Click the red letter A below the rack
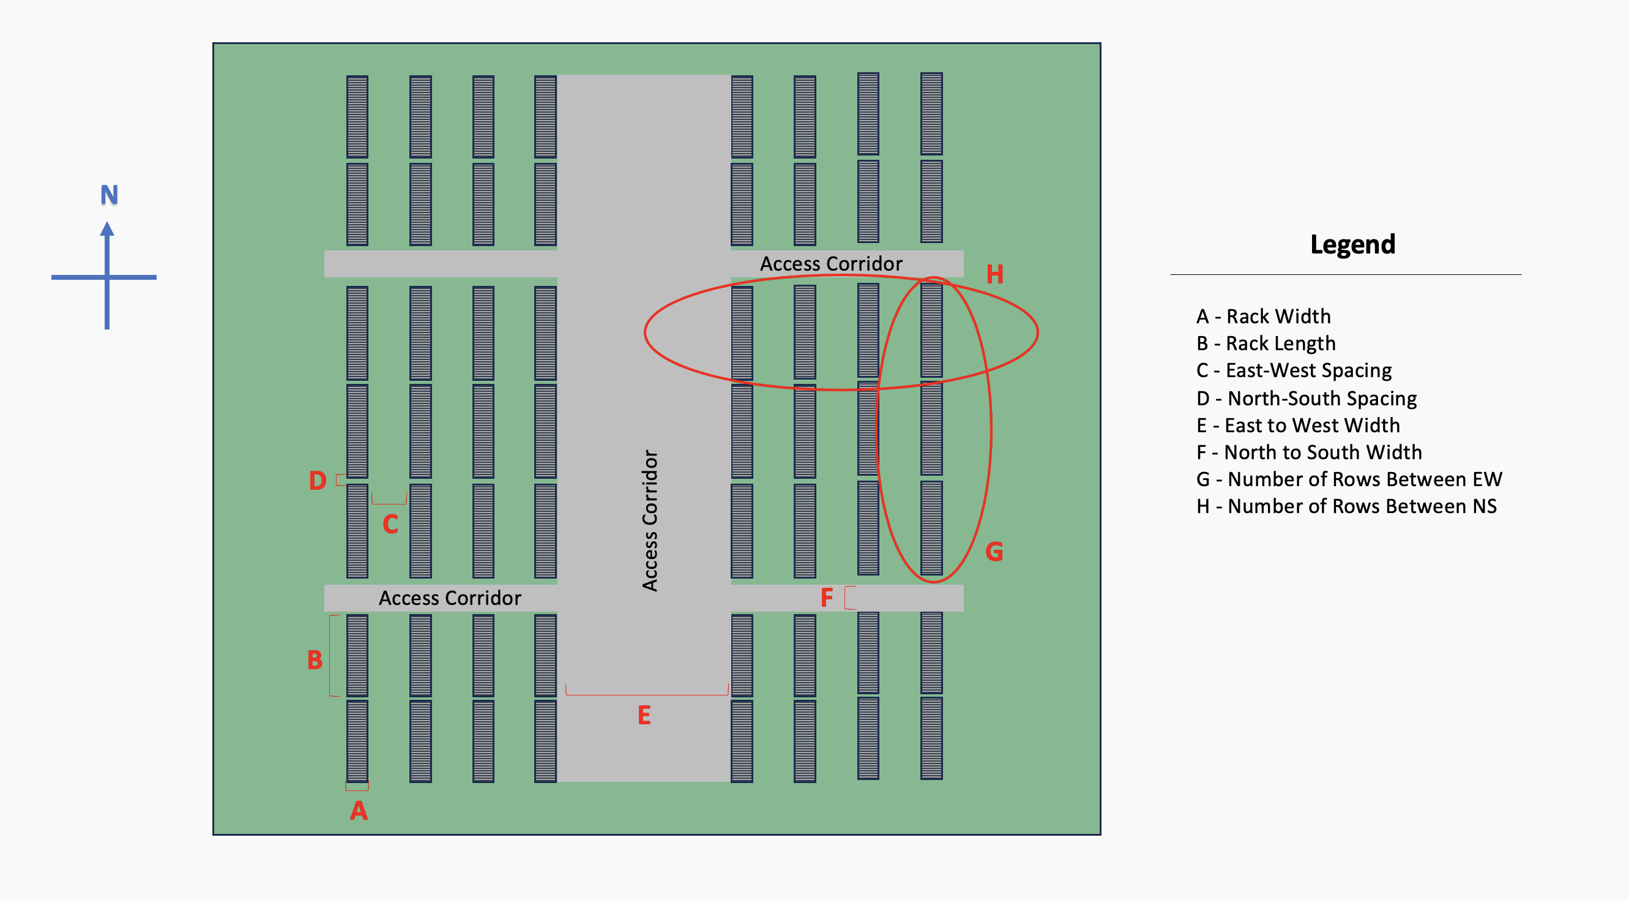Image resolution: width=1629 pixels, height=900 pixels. pyautogui.click(x=359, y=811)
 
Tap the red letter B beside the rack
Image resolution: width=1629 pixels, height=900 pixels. pyautogui.click(x=315, y=659)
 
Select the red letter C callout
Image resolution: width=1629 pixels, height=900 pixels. pyautogui.click(x=390, y=524)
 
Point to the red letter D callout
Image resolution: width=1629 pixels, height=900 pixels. pyautogui.click(x=318, y=481)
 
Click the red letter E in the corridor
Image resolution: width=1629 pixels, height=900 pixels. pyautogui.click(x=644, y=715)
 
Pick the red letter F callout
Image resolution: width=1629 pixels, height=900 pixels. pyautogui.click(x=827, y=598)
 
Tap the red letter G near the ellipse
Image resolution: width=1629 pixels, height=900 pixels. pyautogui.click(x=994, y=552)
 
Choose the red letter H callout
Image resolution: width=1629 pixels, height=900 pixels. pyautogui.click(x=995, y=274)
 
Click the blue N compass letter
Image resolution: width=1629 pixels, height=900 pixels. pyautogui.click(x=110, y=195)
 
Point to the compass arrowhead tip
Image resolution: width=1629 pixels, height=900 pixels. pyautogui.click(x=107, y=223)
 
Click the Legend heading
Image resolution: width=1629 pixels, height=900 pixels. pyautogui.click(x=1352, y=245)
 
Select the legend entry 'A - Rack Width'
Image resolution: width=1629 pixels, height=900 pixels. pyautogui.click(x=1264, y=317)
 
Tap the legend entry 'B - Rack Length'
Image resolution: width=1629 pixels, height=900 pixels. pyautogui.click(x=1266, y=343)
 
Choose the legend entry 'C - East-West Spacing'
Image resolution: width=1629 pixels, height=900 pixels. pyautogui.click(x=1294, y=370)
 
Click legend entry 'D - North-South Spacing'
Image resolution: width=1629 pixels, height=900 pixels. pyautogui.click(x=1307, y=399)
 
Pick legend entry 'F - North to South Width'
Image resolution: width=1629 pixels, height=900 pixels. pyautogui.click(x=1309, y=452)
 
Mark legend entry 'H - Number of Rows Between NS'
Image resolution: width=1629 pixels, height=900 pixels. pyautogui.click(x=1346, y=506)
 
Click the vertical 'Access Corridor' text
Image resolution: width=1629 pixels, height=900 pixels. pyautogui.click(x=650, y=520)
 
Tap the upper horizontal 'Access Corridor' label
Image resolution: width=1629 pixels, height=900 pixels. pyautogui.click(x=831, y=264)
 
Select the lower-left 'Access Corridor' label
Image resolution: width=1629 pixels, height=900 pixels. pyautogui.click(x=450, y=598)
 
